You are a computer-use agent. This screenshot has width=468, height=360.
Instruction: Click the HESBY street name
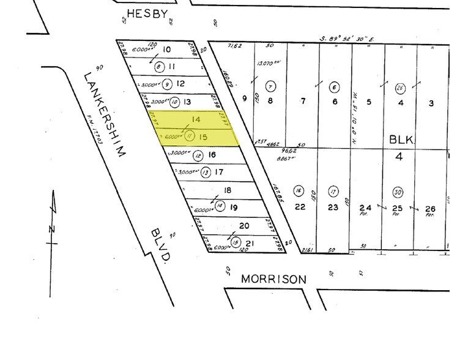tap(147, 13)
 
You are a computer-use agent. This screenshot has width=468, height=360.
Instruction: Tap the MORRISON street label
tap(273, 279)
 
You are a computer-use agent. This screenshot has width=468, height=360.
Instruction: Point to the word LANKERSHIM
tap(103, 114)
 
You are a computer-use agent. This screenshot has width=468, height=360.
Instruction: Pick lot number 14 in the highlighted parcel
tap(196, 120)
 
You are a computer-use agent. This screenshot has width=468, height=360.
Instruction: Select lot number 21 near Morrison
tap(250, 243)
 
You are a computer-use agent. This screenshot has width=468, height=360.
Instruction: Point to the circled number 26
tap(400, 88)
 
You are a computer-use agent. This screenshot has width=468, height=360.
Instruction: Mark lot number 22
tap(300, 207)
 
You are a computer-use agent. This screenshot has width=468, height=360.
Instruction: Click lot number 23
tap(332, 207)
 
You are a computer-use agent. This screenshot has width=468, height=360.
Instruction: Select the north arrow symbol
tap(54, 220)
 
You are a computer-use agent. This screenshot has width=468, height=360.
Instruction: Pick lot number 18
tap(228, 190)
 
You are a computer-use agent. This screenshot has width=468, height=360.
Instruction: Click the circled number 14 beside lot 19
tap(220, 206)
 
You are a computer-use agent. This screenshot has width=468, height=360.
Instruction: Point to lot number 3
tap(431, 103)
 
